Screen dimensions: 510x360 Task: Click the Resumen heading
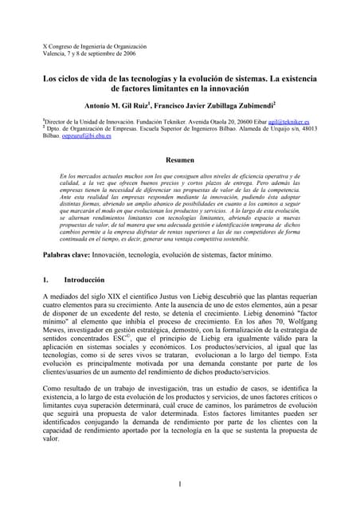tap(180, 160)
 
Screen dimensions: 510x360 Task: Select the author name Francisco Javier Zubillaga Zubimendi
tap(219, 104)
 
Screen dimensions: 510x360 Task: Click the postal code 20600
tap(251, 122)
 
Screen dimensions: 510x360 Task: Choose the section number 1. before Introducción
tap(45, 281)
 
